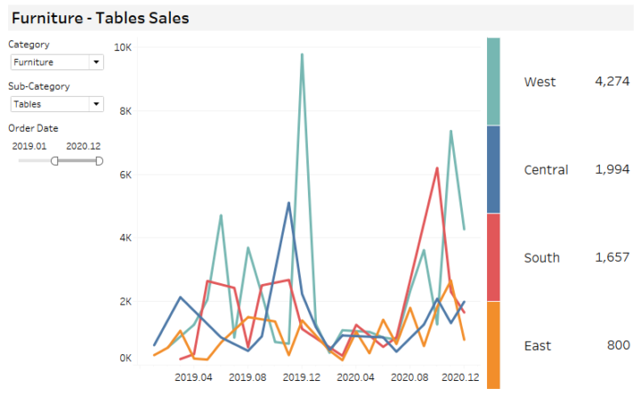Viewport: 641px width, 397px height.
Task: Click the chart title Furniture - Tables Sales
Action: tap(100, 18)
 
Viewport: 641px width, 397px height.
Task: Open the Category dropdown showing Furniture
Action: tap(57, 62)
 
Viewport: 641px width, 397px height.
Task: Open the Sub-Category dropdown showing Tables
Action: tap(57, 104)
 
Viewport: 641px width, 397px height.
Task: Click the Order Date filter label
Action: tap(34, 127)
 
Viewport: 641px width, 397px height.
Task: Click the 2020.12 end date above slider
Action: tap(84, 144)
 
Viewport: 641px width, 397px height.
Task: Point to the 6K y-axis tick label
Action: tap(124, 174)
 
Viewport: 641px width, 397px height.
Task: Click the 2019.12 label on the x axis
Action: tap(302, 377)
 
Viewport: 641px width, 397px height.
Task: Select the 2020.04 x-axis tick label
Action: tap(356, 377)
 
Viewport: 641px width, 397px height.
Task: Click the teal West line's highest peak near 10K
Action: tap(302, 54)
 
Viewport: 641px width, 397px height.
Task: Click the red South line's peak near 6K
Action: tap(437, 167)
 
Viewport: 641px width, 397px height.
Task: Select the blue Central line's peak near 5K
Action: tap(288, 203)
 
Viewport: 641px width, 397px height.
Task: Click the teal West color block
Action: tap(493, 81)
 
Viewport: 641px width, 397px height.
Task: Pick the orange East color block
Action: tap(493, 344)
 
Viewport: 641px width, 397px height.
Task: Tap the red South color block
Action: tap(493, 257)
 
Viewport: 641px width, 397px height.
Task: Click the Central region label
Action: tap(546, 170)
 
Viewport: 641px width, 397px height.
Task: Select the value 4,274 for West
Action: tap(612, 82)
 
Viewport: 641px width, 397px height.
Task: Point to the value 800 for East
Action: tap(618, 345)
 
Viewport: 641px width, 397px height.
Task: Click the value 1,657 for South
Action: tap(612, 257)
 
